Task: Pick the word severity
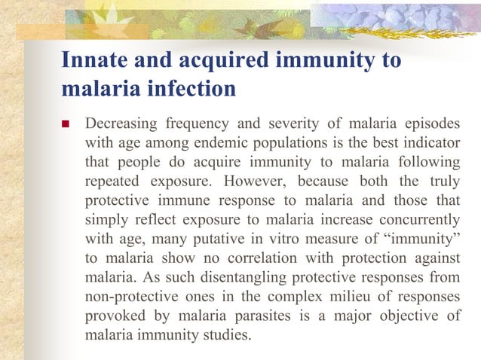click(314, 122)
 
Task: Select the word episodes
click(433, 122)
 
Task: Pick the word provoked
click(115, 318)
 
